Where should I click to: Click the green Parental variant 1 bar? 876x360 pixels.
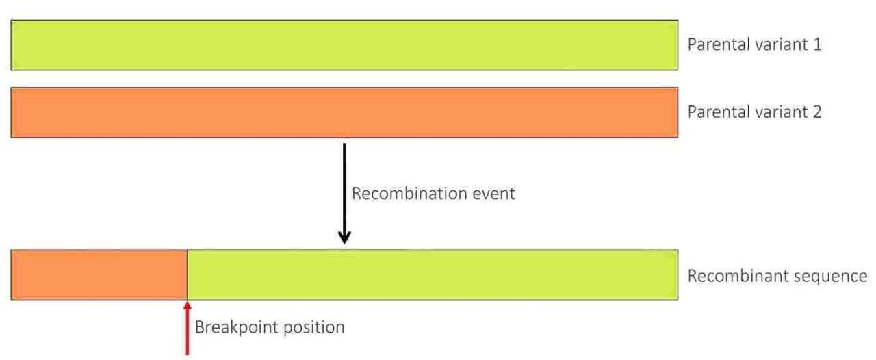click(x=344, y=45)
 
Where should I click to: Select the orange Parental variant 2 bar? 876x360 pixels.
click(x=344, y=113)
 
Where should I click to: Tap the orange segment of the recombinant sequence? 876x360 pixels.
click(x=99, y=275)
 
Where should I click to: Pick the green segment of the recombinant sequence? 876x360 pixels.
click(x=433, y=275)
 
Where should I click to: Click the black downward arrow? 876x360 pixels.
click(x=344, y=193)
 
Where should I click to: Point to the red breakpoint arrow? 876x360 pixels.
click(x=188, y=328)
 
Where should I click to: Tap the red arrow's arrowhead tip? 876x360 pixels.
click(x=188, y=302)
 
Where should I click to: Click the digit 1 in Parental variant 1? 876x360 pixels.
click(x=817, y=44)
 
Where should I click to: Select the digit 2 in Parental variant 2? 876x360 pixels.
click(x=817, y=112)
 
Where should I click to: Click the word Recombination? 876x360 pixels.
click(x=409, y=194)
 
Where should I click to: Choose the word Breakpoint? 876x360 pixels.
click(x=236, y=328)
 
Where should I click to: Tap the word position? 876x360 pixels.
click(x=313, y=328)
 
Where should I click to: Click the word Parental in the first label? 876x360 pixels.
click(x=719, y=44)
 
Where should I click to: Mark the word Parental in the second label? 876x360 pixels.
click(x=719, y=112)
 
